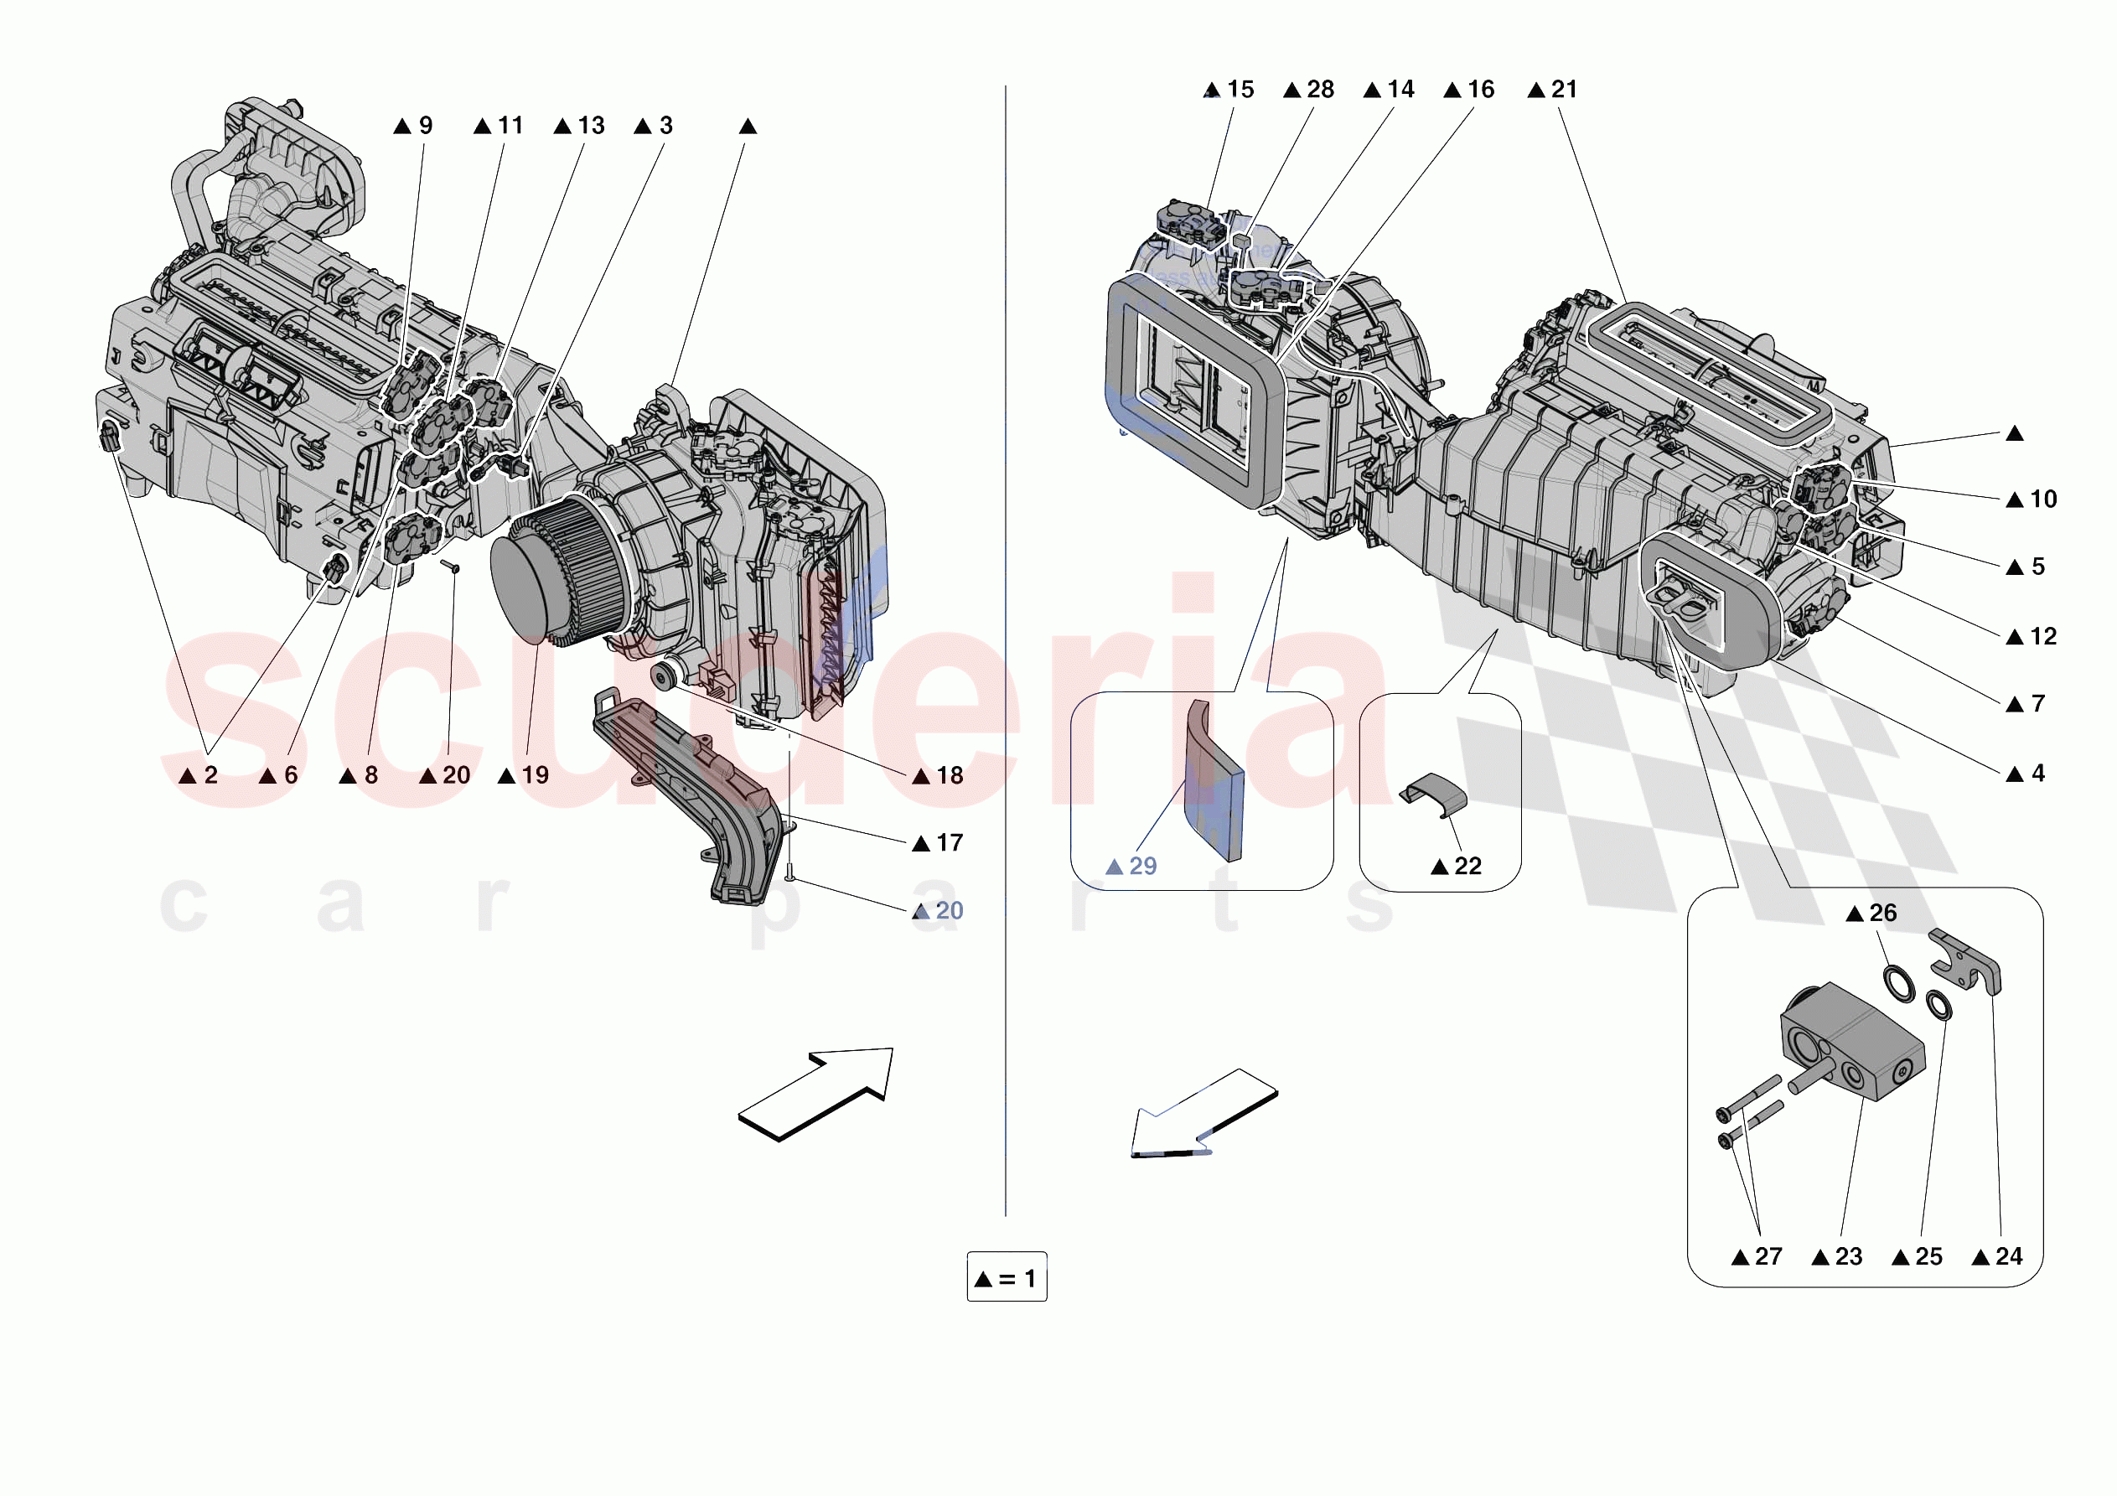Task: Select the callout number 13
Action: (590, 126)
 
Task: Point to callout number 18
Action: (949, 776)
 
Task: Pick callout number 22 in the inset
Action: (1467, 866)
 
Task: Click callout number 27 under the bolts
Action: (1768, 1256)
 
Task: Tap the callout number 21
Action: (1564, 90)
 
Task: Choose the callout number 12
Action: (2042, 636)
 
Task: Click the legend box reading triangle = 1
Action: (1006, 1278)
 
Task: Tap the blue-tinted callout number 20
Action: (949, 911)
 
